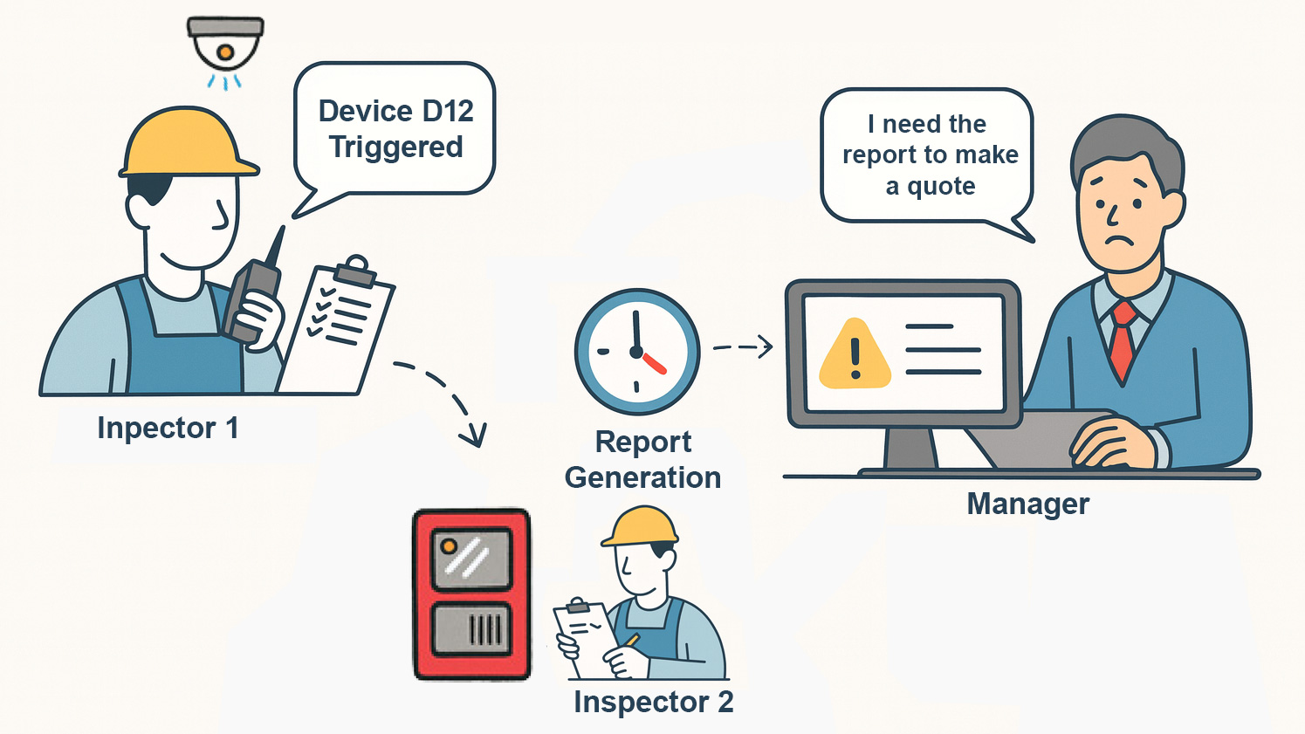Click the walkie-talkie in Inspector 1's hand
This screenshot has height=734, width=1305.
click(x=254, y=292)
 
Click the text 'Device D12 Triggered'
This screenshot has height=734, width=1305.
click(x=395, y=128)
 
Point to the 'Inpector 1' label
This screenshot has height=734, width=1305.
click(x=168, y=428)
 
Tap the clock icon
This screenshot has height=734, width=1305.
click(x=637, y=351)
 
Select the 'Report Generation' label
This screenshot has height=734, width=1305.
click(x=643, y=459)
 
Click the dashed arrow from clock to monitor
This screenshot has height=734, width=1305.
click(x=743, y=346)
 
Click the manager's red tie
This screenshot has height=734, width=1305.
click(x=1122, y=340)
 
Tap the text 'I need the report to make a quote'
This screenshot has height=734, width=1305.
click(x=931, y=154)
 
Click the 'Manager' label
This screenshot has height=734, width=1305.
click(x=1028, y=504)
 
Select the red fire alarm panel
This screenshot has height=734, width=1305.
click(x=471, y=593)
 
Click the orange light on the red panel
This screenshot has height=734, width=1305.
click(x=449, y=546)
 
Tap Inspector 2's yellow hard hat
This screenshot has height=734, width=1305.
click(x=641, y=525)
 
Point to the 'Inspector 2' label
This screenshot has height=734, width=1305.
click(x=653, y=702)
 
